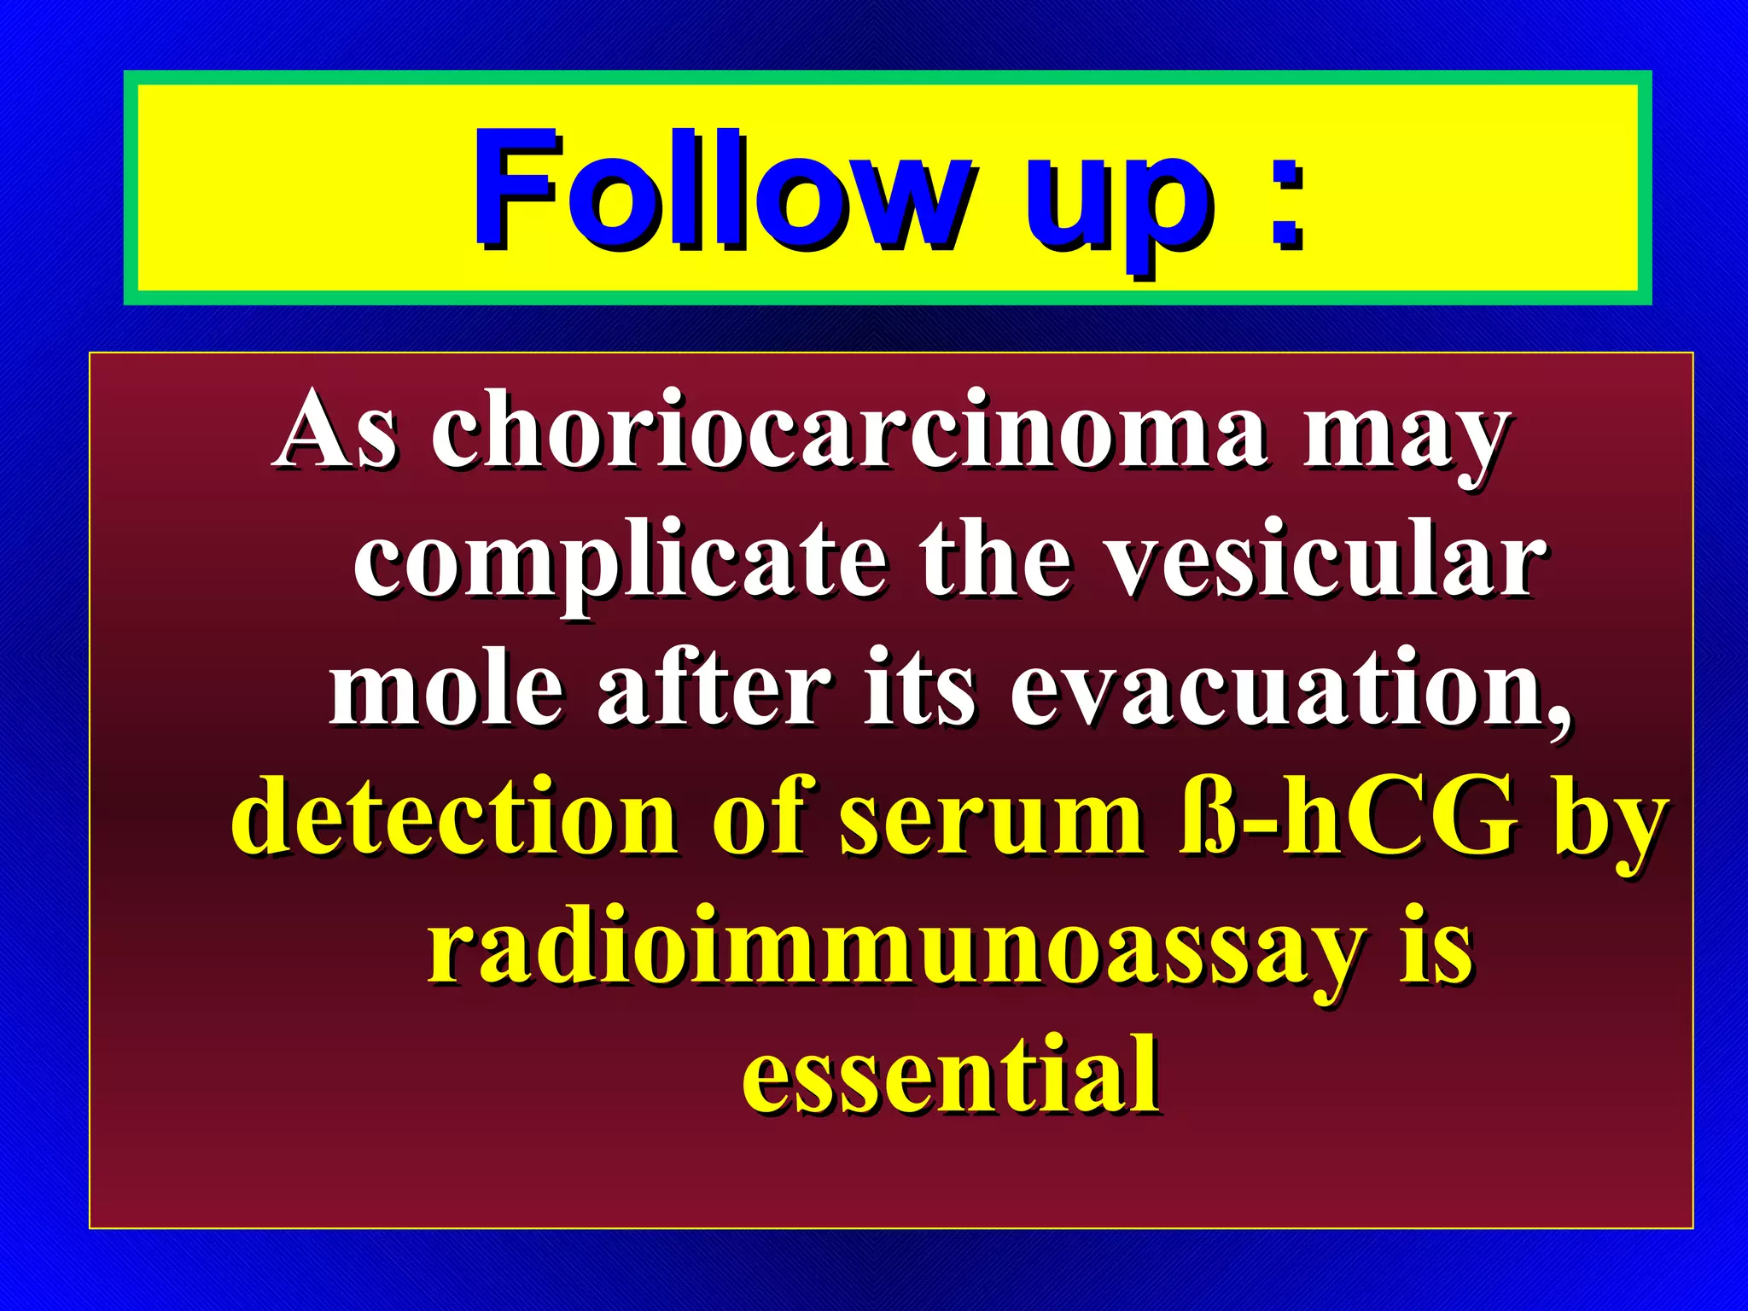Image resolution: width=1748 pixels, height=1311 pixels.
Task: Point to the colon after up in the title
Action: point(1285,201)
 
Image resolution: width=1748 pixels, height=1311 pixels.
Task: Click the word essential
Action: point(951,1075)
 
